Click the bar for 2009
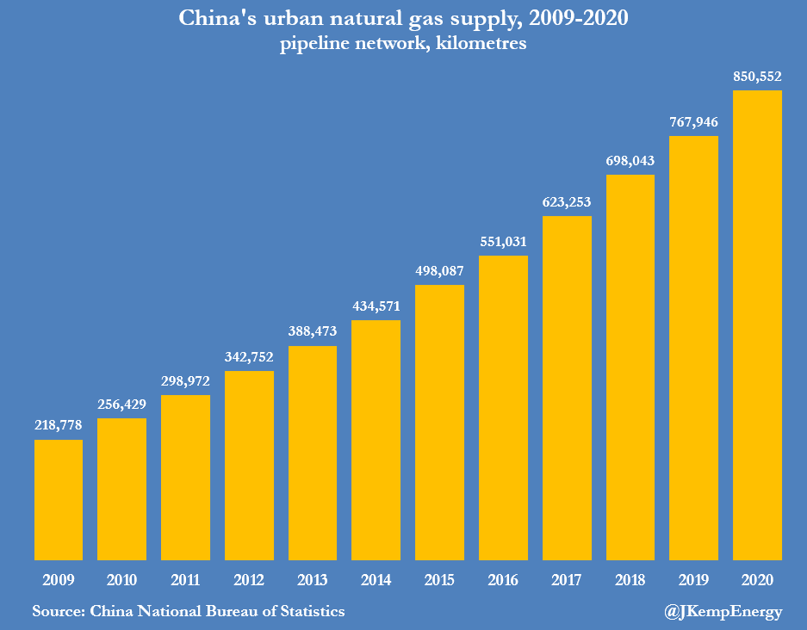59,500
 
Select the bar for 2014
376,440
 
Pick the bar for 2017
567,388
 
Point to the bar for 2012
249,466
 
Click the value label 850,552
757,77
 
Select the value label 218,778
59,425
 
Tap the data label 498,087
439,270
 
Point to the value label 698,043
630,160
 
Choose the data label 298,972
185,380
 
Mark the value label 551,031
503,241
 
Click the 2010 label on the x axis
121,580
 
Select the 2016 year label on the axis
503,580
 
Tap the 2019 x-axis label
693,580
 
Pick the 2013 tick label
313,580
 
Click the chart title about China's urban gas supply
403,19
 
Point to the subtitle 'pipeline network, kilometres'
403,45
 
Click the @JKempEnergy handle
723,612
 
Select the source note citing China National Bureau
189,612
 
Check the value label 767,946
693,121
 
